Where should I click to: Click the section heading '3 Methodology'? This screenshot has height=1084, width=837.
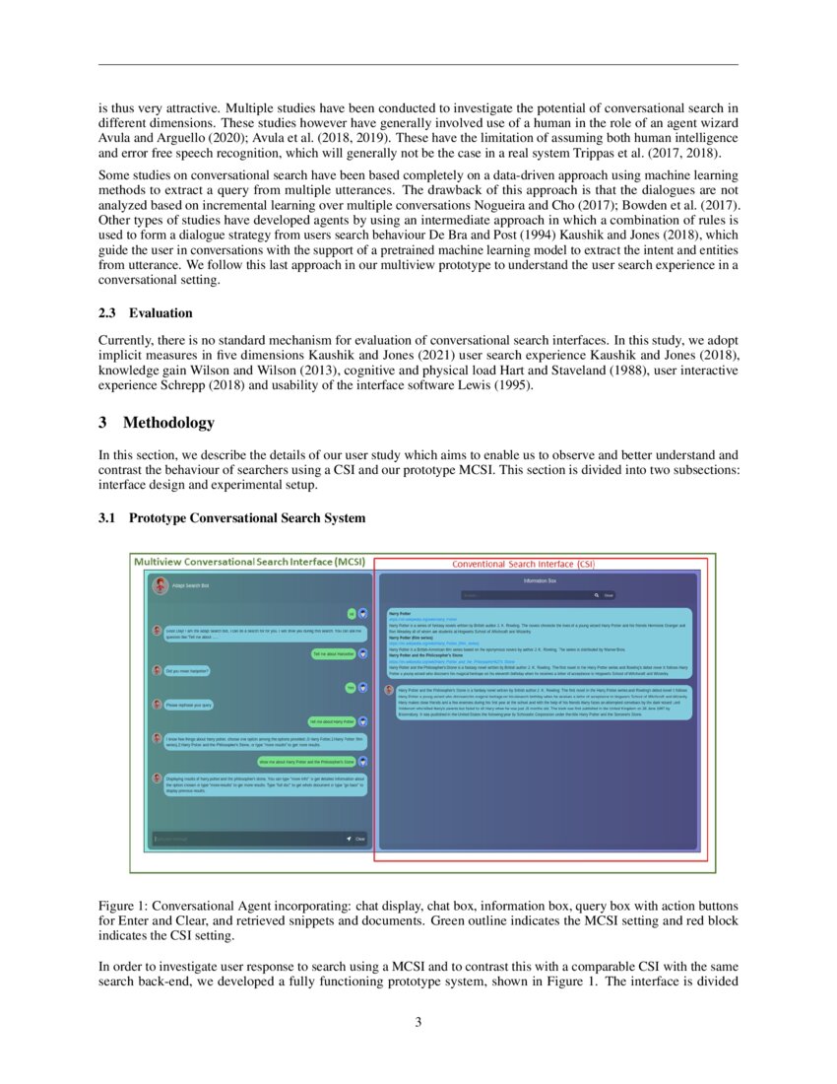156,423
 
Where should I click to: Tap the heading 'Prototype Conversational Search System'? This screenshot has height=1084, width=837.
246,517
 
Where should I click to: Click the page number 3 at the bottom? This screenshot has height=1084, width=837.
418,1022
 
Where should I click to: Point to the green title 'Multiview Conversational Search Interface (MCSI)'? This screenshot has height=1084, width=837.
249,561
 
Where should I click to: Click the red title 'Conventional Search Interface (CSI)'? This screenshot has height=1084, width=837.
523,564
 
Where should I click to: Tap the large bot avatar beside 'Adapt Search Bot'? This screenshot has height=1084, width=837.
160,585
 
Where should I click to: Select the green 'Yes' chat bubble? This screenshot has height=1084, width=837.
349,687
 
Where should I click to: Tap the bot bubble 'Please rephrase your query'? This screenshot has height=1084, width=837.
189,705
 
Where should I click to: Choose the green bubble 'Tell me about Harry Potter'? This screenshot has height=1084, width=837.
331,721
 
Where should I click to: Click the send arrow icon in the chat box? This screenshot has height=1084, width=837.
349,839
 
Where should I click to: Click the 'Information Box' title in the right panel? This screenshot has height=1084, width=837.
540,581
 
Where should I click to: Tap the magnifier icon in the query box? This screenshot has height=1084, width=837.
596,595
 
